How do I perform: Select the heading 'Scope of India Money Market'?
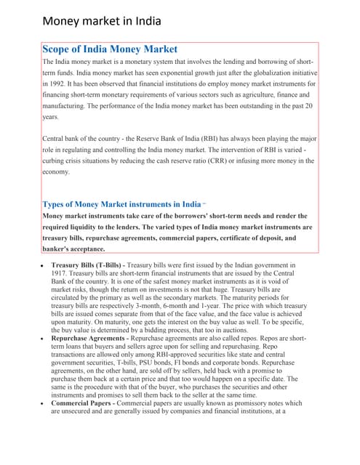point(110,49)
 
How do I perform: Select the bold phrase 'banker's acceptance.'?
point(78,248)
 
